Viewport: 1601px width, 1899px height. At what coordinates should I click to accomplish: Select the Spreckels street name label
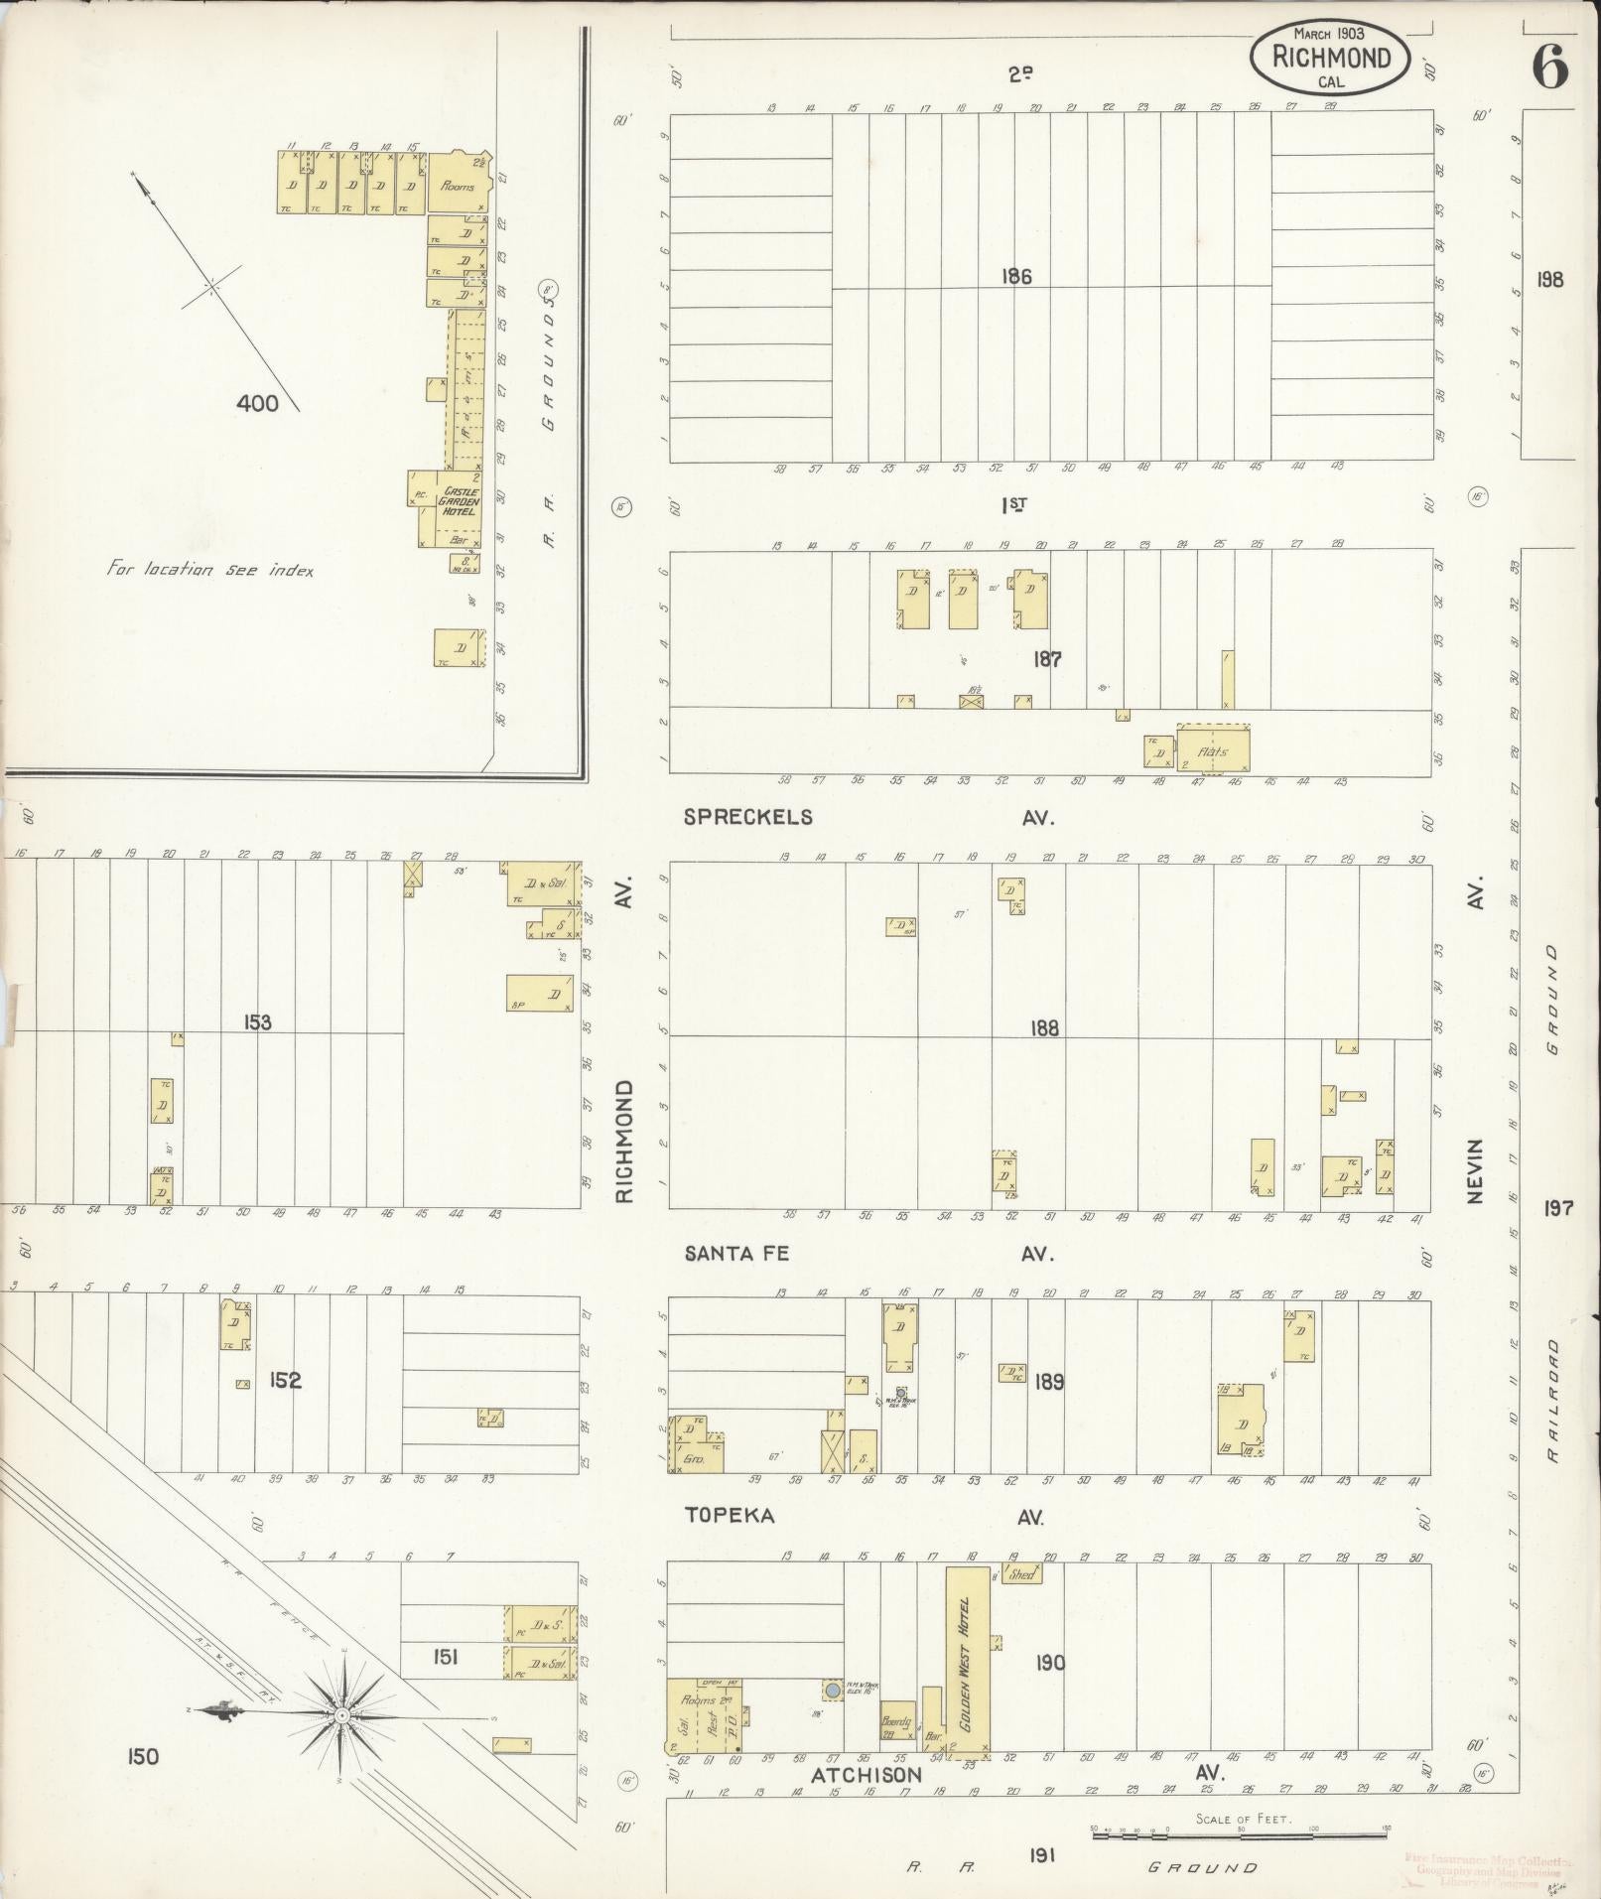pyautogui.click(x=748, y=817)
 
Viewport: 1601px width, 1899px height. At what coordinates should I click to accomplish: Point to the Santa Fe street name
pyautogui.click(x=736, y=1254)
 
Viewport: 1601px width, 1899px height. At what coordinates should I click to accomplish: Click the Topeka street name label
pyautogui.click(x=730, y=1516)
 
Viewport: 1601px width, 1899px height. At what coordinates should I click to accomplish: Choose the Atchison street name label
pyautogui.click(x=867, y=1775)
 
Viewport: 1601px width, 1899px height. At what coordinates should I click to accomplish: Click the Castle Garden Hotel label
pyautogui.click(x=460, y=502)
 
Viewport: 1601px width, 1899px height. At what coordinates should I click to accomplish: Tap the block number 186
pyautogui.click(x=1016, y=277)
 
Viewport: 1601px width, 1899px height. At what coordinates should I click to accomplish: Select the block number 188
pyautogui.click(x=1044, y=1028)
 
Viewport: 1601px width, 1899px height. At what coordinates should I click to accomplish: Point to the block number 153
pyautogui.click(x=256, y=1022)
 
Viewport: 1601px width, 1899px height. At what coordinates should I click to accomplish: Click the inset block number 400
pyautogui.click(x=257, y=403)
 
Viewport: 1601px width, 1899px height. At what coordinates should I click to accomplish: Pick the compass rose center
pyautogui.click(x=342, y=1715)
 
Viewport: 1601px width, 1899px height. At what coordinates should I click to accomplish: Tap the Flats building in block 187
pyautogui.click(x=1213, y=746)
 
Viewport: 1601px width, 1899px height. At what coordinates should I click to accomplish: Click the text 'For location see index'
pyautogui.click(x=209, y=570)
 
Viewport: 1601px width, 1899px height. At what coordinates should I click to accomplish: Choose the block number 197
pyautogui.click(x=1559, y=1207)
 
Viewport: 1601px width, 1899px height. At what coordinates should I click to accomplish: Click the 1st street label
pyautogui.click(x=1013, y=504)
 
